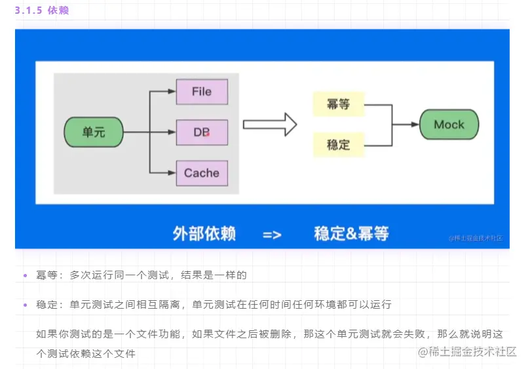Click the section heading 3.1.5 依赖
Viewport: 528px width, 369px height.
(42, 10)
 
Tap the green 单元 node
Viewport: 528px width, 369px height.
(93, 132)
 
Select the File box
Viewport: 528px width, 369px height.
(202, 92)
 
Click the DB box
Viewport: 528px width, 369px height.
(202, 132)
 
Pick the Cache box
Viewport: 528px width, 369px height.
(202, 173)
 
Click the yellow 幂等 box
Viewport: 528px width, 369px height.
(338, 104)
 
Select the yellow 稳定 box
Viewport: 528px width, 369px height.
(338, 144)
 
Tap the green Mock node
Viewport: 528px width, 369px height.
(449, 125)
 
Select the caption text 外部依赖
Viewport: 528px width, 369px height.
(204, 233)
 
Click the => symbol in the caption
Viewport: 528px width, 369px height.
(272, 234)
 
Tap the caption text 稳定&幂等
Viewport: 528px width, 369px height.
(351, 233)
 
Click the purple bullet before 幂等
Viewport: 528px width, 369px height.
(25, 275)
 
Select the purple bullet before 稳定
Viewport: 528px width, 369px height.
(25, 305)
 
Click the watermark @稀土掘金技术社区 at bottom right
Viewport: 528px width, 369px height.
(468, 351)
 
